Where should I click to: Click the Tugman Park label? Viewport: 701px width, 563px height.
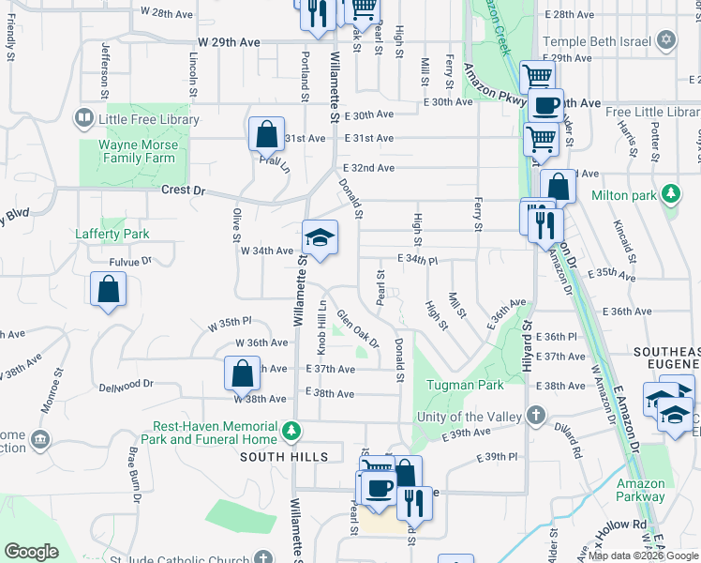pyautogui.click(x=465, y=385)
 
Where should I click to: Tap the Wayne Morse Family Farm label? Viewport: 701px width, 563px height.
pyautogui.click(x=139, y=152)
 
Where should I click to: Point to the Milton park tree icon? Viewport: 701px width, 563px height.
pyautogui.click(x=670, y=195)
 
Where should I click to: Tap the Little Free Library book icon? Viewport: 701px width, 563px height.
pyautogui.click(x=83, y=119)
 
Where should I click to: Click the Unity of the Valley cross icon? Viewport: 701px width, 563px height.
pyautogui.click(x=536, y=415)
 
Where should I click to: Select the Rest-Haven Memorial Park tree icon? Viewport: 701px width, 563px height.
pyautogui.click(x=292, y=429)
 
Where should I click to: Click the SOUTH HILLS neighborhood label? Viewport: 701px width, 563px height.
pyautogui.click(x=283, y=457)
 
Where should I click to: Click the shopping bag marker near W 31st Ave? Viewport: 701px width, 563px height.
pyautogui.click(x=266, y=134)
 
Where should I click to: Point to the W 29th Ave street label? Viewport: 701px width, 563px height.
pyautogui.click(x=229, y=43)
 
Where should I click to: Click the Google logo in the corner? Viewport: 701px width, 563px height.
pyautogui.click(x=31, y=552)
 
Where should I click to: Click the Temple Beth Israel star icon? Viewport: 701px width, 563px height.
pyautogui.click(x=666, y=39)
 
